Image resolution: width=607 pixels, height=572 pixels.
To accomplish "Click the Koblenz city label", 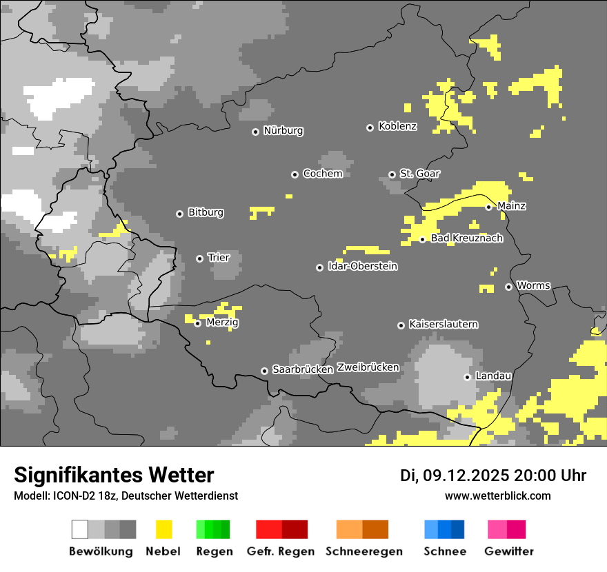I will pos(397,126).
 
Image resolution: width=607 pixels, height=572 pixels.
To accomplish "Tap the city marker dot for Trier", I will pos(200,258).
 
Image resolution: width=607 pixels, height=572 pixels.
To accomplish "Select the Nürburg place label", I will pos(283,130).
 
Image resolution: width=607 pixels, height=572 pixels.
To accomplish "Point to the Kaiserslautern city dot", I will pos(401,325).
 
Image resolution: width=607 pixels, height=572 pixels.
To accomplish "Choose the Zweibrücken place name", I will pos(368,367).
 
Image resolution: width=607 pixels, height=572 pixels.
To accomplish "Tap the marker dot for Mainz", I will pos(488,207).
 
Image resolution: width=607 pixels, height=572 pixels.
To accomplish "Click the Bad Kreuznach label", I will pos(466,238).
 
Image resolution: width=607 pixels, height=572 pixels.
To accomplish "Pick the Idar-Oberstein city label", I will pos(362,266).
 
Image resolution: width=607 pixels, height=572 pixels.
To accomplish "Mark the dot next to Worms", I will pos(508,287).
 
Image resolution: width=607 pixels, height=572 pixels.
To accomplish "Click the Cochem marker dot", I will pos(295,174).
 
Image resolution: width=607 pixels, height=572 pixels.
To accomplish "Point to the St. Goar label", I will pos(419,174).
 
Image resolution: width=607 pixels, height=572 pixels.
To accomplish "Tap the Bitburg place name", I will pos(206,212).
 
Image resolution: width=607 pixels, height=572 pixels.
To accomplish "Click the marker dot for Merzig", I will pos(198,323).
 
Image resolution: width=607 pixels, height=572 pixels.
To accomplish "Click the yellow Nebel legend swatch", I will pos(163,529).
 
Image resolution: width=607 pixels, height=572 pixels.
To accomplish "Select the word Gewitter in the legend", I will pos(509,551).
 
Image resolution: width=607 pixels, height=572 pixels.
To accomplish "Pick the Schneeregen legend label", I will pos(364,551).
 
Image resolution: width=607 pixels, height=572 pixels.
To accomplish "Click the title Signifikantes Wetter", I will pos(114,475).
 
